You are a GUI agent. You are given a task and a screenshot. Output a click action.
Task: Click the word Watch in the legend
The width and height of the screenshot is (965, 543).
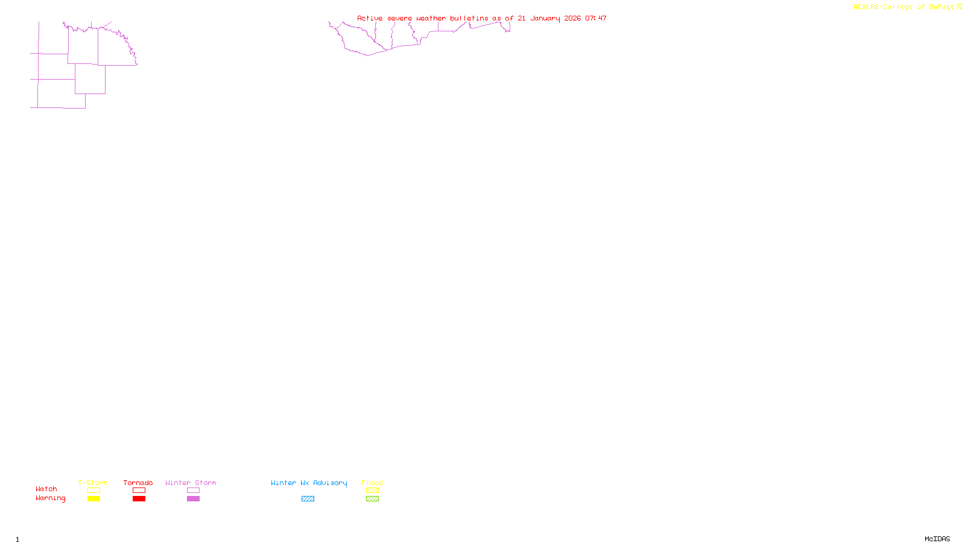pyautogui.click(x=46, y=489)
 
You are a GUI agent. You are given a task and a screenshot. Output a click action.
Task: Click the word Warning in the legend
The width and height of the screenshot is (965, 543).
pyautogui.click(x=50, y=498)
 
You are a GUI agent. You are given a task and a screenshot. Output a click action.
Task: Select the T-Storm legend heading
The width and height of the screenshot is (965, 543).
pyautogui.click(x=93, y=483)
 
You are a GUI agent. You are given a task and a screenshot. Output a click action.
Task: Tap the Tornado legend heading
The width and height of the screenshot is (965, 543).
pyautogui.click(x=138, y=483)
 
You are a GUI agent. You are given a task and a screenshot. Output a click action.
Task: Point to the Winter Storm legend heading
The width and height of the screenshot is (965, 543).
pyautogui.click(x=191, y=483)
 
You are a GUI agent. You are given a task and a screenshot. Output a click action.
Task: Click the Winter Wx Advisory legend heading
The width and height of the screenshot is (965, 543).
pyautogui.click(x=309, y=483)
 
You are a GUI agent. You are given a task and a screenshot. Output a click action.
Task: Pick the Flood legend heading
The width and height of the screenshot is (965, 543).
pyautogui.click(x=372, y=483)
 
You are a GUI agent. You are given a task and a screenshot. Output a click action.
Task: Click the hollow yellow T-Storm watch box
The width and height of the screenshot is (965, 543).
pyautogui.click(x=93, y=491)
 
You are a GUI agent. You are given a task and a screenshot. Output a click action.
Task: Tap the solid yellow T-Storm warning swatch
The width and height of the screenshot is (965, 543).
pyautogui.click(x=93, y=499)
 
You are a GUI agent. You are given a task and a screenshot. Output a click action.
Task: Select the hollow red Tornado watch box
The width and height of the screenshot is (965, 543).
pyautogui.click(x=139, y=491)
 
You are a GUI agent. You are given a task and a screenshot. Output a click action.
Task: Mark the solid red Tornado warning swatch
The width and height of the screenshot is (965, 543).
pyautogui.click(x=139, y=499)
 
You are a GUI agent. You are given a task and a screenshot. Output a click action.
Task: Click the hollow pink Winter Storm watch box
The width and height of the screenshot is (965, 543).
pyautogui.click(x=193, y=491)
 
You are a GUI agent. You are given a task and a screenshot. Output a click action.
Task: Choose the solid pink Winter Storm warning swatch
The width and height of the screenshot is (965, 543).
pyautogui.click(x=193, y=499)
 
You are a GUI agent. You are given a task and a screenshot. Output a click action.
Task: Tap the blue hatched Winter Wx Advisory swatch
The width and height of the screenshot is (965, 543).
pyautogui.click(x=308, y=499)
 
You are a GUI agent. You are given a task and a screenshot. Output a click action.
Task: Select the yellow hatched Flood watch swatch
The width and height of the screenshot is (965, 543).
pyautogui.click(x=372, y=491)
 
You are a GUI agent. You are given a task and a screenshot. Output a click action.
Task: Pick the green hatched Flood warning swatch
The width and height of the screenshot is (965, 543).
pyautogui.click(x=372, y=499)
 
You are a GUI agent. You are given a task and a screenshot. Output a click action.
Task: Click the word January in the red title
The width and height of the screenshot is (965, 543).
pyautogui.click(x=545, y=18)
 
